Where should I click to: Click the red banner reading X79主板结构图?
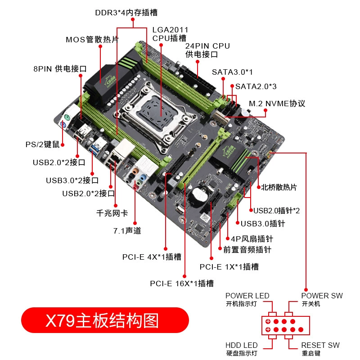click(105, 320)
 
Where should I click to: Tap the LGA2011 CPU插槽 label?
click(170, 34)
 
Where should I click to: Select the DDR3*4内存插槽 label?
click(126, 13)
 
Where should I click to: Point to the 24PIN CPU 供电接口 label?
click(207, 50)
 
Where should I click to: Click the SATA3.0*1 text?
click(232, 72)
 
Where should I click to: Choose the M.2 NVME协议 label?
click(277, 103)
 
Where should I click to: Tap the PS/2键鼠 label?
click(42, 144)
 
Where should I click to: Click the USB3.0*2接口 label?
click(72, 180)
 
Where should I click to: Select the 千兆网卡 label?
click(112, 213)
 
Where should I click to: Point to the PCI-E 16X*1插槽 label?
click(182, 283)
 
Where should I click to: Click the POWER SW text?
click(322, 296)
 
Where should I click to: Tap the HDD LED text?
click(242, 345)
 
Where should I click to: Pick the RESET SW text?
click(320, 345)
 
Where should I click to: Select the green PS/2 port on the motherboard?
click(67, 118)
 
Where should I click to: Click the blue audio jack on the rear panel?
click(143, 177)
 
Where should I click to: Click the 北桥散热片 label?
click(279, 187)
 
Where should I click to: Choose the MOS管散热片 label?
click(92, 40)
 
